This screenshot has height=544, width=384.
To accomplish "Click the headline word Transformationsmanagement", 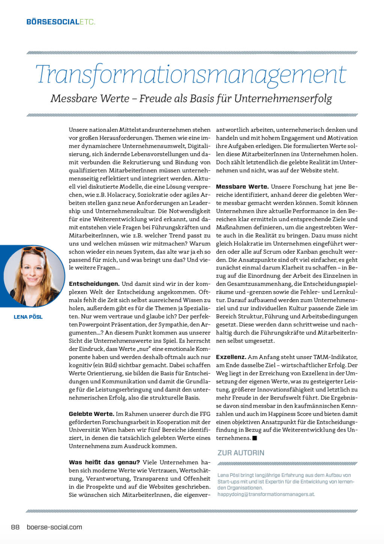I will (191, 74).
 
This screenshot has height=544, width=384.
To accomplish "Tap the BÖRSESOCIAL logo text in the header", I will (53, 22).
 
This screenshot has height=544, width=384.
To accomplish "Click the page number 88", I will (15, 527).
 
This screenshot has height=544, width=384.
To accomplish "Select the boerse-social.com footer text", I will (54, 527).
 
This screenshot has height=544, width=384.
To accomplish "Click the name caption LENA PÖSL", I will (28, 317).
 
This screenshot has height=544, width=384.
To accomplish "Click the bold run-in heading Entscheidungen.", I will (94, 284).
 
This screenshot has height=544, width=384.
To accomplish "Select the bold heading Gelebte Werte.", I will (91, 414).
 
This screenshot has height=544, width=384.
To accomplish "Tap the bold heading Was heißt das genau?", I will (104, 462).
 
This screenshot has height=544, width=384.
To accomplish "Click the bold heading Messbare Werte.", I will (242, 187).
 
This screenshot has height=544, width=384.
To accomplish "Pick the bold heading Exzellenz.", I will (231, 357).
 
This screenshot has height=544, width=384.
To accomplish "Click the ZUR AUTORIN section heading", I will (241, 453).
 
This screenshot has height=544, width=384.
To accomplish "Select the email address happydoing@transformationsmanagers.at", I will (266, 494).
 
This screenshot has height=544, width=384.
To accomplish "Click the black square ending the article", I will (255, 438).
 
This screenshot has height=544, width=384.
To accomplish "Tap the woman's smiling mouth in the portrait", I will (33, 280).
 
